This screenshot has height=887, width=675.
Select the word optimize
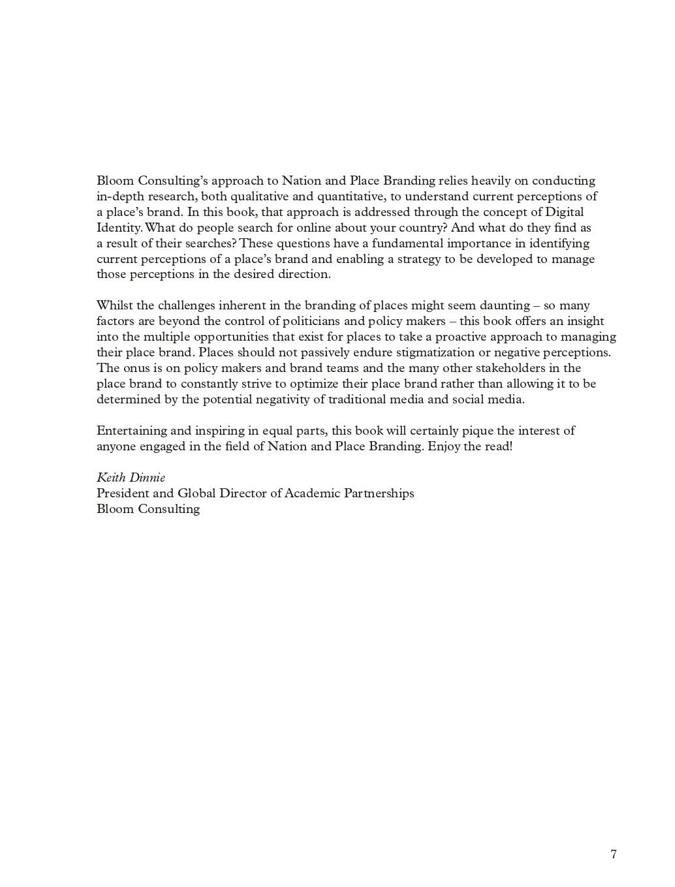(356, 384)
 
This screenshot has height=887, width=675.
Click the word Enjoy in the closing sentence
(444, 446)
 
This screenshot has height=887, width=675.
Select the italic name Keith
(111, 478)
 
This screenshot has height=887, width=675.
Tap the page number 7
(613, 854)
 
